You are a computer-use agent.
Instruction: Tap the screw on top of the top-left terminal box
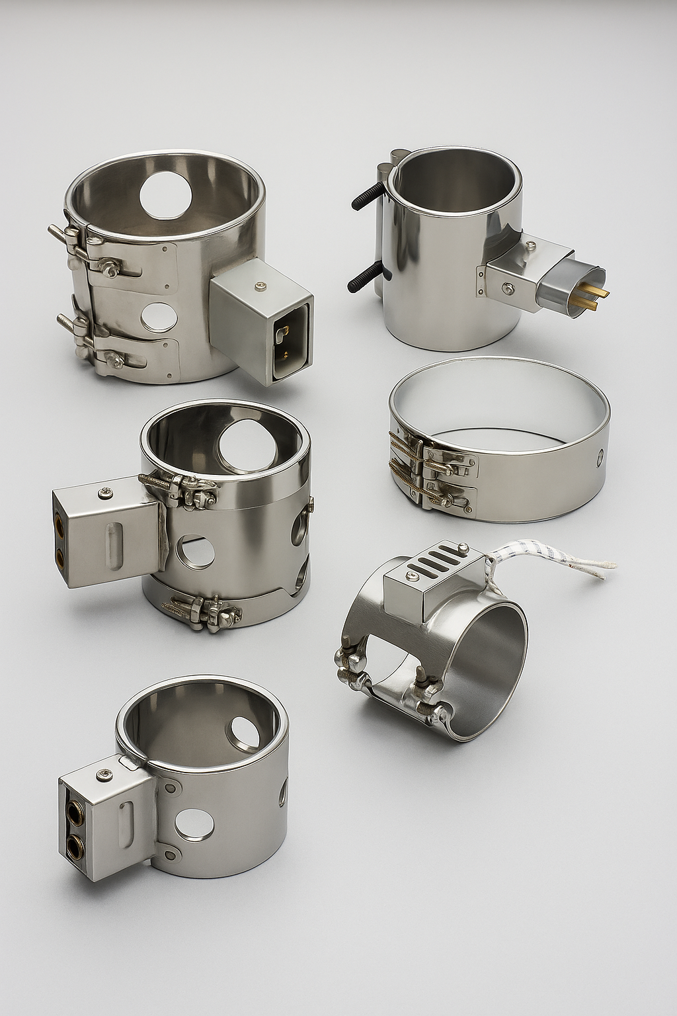point(259,286)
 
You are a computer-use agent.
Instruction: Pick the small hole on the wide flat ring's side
point(599,456)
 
